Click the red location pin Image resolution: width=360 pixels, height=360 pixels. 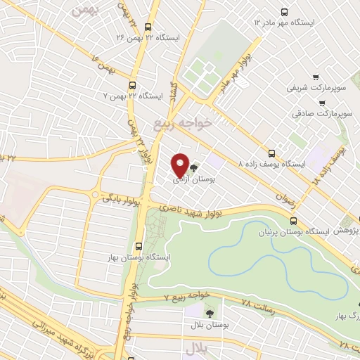coord(180,165)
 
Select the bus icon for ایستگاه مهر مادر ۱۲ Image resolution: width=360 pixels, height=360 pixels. coord(284,12)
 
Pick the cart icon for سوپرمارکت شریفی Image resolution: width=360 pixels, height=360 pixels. coord(316,77)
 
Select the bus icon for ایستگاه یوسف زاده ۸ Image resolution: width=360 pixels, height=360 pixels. coord(272,153)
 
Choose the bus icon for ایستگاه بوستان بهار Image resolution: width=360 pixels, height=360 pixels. coord(138,246)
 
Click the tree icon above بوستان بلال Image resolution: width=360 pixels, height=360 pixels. coord(209,311)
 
